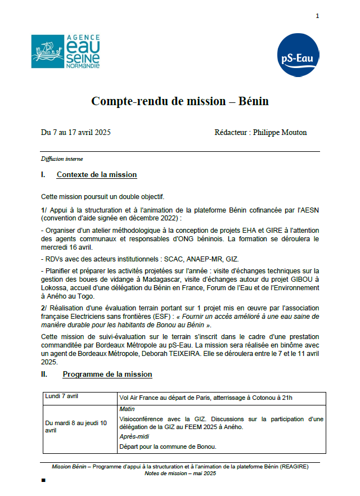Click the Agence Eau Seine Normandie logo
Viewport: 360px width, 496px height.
coord(65,52)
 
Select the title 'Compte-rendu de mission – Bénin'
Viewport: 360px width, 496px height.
coord(180,102)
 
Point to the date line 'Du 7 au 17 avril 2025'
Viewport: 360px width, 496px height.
coord(75,133)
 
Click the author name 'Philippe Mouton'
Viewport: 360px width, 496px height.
coord(280,133)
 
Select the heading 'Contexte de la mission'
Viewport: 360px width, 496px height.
coord(97,175)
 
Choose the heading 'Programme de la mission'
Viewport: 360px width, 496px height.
coord(107,374)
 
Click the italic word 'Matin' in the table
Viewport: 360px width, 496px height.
coord(127,409)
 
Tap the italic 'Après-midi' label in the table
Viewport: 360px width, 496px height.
coord(134,436)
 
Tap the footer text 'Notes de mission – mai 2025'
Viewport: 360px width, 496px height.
coord(180,474)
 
